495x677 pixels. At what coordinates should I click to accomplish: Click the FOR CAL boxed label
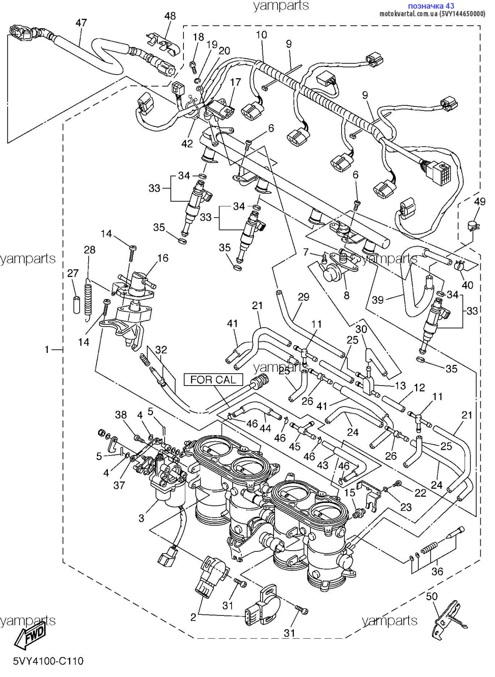[x=213, y=379]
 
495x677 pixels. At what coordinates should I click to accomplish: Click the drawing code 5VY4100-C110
[x=48, y=661]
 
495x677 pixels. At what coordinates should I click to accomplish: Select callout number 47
[x=81, y=23]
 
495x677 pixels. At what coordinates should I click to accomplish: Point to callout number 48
[x=170, y=16]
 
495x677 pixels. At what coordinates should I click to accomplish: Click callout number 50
[x=431, y=596]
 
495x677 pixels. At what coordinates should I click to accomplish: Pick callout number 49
[x=480, y=202]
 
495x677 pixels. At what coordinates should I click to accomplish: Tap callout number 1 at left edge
[x=47, y=350]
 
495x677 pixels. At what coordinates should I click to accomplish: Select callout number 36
[x=437, y=572]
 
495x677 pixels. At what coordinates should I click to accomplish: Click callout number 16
[x=163, y=258]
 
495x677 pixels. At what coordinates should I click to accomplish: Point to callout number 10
[x=261, y=35]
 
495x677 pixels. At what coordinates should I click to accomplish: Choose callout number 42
[x=187, y=143]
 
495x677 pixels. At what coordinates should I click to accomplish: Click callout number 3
[x=141, y=518]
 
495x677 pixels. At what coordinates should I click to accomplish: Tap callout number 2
[x=193, y=617]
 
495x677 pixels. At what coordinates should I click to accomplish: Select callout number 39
[x=377, y=299]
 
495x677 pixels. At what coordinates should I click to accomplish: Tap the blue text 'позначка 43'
[x=431, y=6]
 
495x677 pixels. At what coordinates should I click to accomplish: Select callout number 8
[x=346, y=295]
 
